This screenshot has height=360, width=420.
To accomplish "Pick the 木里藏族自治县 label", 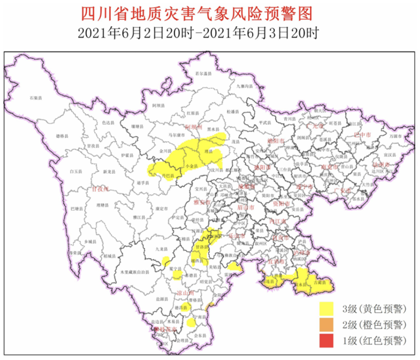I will pos(134,271).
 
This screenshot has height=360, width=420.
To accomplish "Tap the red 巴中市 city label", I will pos(362,134).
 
